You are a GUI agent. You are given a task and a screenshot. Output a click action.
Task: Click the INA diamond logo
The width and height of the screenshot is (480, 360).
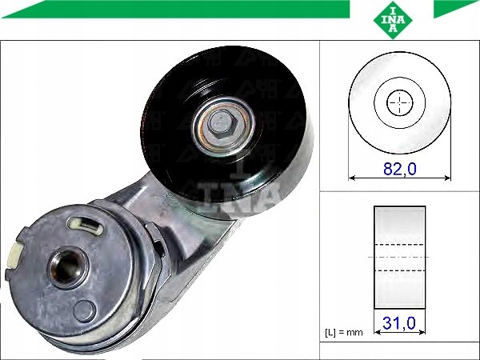tap(393, 20)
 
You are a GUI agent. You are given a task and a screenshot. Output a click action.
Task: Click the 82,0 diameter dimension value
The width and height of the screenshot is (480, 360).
tap(400, 169)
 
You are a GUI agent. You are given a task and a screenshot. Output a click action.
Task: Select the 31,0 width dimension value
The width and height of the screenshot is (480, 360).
tap(399, 323)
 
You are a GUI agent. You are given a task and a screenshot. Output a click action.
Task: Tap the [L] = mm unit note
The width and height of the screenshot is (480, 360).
tap(344, 332)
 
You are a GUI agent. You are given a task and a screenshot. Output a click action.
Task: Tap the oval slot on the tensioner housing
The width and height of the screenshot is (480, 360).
tap(86, 226)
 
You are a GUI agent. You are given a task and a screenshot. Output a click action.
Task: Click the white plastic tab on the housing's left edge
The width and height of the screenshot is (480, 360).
tap(14, 254)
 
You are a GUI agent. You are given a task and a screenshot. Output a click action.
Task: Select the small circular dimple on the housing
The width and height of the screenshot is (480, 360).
tap(85, 310)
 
